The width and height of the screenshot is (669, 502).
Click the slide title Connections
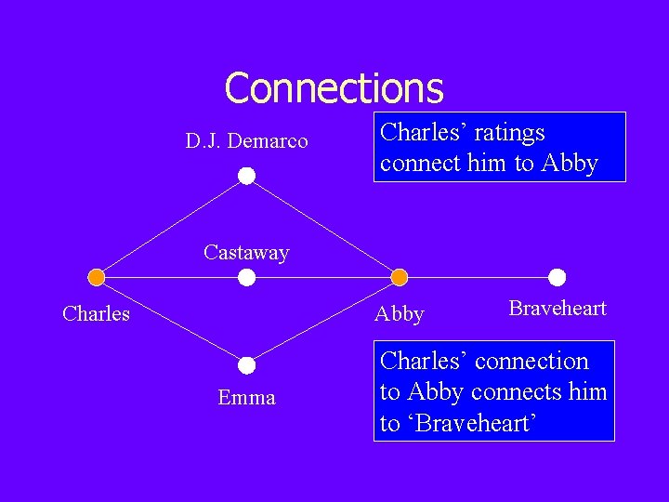pyautogui.click(x=334, y=88)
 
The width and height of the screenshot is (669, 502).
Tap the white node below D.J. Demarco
pyautogui.click(x=246, y=176)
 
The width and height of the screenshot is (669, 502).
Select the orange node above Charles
pyautogui.click(x=96, y=277)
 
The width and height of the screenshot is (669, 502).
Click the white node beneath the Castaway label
pyautogui.click(x=246, y=277)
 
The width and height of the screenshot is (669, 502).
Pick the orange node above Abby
pyautogui.click(x=399, y=277)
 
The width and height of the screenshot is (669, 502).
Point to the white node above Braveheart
pyautogui.click(x=557, y=277)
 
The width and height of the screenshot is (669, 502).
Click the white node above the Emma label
pyautogui.click(x=246, y=365)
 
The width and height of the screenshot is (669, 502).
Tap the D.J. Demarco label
pyautogui.click(x=246, y=141)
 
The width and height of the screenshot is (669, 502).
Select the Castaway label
pyautogui.click(x=246, y=252)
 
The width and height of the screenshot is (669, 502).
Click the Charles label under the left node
pyautogui.click(x=96, y=314)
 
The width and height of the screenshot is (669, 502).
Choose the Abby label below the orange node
pyautogui.click(x=399, y=314)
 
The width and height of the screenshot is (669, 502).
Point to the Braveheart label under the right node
pyautogui.click(x=557, y=309)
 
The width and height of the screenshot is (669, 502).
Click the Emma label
pyautogui.click(x=246, y=398)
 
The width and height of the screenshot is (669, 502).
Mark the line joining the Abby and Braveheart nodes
pyautogui.click(x=478, y=277)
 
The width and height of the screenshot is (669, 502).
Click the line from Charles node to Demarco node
pyautogui.click(x=171, y=226)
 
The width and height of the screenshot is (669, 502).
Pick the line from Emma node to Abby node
pyautogui.click(x=322, y=321)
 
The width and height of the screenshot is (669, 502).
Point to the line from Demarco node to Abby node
pyautogui.click(x=322, y=226)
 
